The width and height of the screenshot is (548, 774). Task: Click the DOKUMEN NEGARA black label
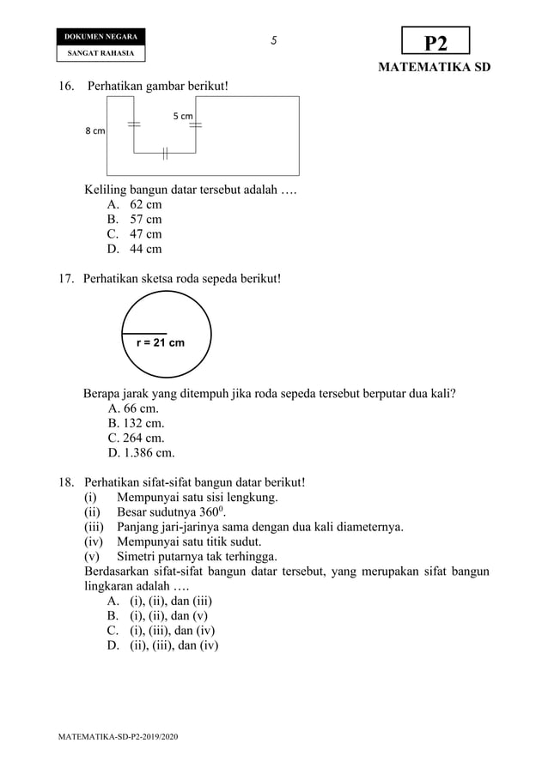click(100, 37)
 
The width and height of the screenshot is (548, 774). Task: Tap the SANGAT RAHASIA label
click(100, 53)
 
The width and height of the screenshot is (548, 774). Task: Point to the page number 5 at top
click(273, 40)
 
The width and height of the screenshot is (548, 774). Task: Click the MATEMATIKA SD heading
click(435, 68)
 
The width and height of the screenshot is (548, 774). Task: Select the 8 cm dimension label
click(94, 131)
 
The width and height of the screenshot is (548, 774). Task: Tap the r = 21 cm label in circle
click(161, 342)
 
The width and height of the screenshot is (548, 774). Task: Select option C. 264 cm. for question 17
click(136, 438)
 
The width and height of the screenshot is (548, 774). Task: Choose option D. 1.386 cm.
click(141, 453)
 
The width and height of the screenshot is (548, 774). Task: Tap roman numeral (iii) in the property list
click(94, 527)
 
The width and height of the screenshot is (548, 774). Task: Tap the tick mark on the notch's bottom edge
click(163, 154)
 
